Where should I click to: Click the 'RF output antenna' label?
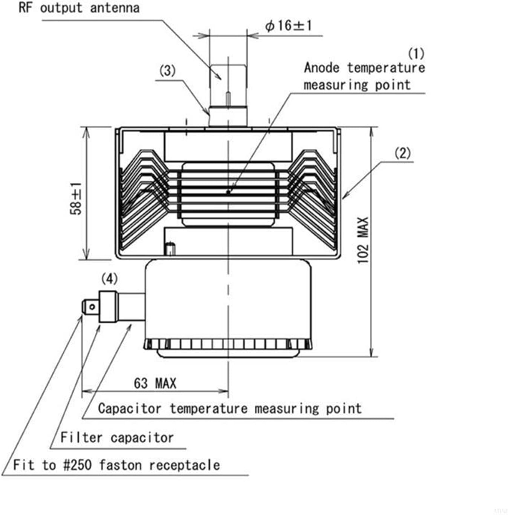(79, 8)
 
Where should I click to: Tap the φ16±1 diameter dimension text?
(289, 26)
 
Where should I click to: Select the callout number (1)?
(416, 53)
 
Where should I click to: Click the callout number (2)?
(402, 153)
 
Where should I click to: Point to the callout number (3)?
(167, 70)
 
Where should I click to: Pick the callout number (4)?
(109, 279)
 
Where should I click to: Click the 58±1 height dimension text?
(76, 199)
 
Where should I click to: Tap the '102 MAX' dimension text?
(363, 240)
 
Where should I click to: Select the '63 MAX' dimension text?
(155, 383)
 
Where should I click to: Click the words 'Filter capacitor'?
(117, 438)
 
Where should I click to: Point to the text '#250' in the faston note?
(77, 465)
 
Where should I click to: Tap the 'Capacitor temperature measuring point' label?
(230, 409)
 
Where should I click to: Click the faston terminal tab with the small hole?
(90, 307)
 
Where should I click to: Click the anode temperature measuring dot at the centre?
(228, 192)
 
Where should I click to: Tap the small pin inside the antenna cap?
(228, 99)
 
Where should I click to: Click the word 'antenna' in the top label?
(115, 8)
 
